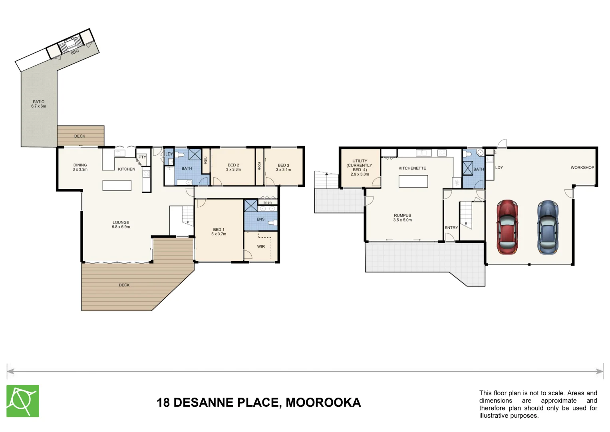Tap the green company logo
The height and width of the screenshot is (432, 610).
tap(23, 401)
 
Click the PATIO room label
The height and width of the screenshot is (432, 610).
tap(39, 102)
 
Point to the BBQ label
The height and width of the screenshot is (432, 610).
tap(75, 52)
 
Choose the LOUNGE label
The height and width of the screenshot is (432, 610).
tap(121, 222)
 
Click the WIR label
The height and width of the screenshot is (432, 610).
tap(261, 246)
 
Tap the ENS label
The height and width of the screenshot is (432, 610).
tap(260, 219)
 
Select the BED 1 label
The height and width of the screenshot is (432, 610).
tap(219, 230)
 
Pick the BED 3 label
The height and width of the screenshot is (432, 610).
tap(283, 165)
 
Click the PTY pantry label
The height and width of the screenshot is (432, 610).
tap(142, 157)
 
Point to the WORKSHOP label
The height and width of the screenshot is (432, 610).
tap(582, 168)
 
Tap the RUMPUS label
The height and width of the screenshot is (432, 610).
tap(402, 215)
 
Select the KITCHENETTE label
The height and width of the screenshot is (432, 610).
tap(412, 168)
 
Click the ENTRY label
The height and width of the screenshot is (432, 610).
tap(451, 228)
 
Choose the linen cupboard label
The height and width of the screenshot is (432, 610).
tap(268, 202)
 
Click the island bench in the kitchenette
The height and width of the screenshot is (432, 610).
tap(413, 181)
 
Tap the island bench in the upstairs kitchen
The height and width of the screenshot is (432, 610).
tap(117, 186)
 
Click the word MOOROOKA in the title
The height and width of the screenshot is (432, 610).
tap(323, 402)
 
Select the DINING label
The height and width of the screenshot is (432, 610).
tap(80, 165)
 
